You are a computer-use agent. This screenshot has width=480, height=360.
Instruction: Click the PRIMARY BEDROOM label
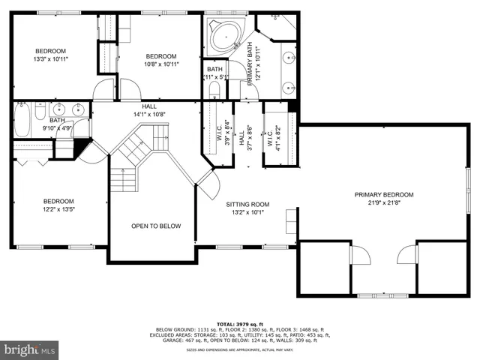(x=384, y=195)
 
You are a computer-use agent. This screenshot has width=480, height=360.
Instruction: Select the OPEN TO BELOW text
(x=156, y=226)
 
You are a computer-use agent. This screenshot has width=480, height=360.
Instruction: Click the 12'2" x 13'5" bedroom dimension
(x=58, y=210)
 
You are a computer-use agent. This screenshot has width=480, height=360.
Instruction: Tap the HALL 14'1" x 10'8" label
(x=149, y=110)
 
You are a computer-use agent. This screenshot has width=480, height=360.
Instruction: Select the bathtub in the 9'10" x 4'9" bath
(x=21, y=121)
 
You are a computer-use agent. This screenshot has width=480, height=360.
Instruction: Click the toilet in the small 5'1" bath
(x=214, y=90)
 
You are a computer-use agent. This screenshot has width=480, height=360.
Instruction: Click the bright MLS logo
(x=30, y=349)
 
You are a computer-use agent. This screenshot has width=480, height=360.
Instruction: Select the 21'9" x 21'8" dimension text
(x=384, y=203)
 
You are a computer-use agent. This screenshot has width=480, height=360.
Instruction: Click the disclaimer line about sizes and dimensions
(x=240, y=350)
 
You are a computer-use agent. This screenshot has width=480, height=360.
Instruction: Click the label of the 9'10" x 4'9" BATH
(x=57, y=120)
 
